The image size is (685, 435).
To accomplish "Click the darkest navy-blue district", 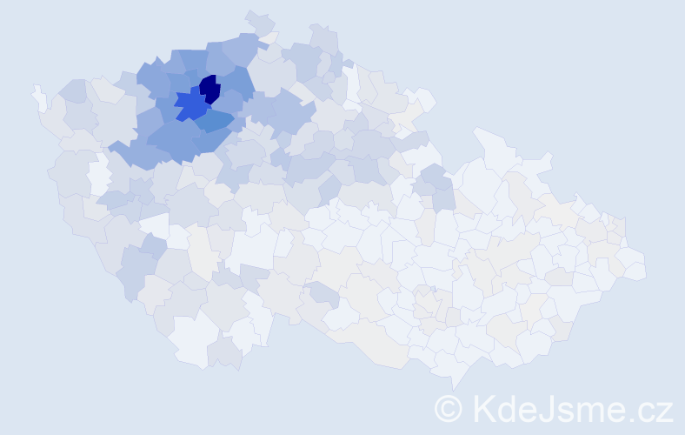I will (x=209, y=89).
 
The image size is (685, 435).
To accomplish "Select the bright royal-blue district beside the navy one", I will (x=190, y=105).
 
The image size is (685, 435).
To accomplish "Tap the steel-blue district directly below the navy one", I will (x=214, y=122).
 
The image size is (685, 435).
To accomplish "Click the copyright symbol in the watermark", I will (x=449, y=408).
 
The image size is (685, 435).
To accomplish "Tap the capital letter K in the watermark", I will (x=482, y=408).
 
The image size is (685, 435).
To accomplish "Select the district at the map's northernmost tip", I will (x=258, y=21).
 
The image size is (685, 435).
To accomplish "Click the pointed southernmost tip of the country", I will (x=450, y=384).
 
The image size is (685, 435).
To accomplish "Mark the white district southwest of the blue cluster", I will (x=99, y=174).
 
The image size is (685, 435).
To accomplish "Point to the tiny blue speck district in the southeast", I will (x=433, y=290).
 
